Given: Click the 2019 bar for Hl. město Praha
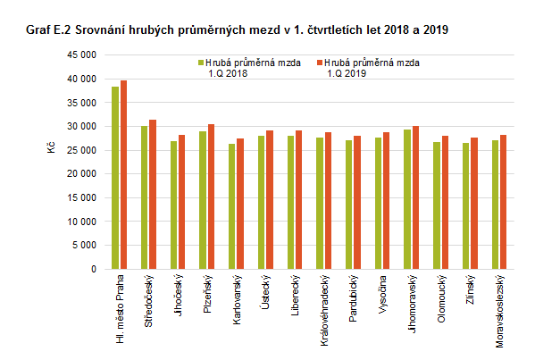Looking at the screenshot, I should point(124,174).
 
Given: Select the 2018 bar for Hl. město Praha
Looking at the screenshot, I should point(115,178).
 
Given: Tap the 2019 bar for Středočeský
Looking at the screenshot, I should point(153,194).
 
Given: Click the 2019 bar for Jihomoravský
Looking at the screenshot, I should point(416,197).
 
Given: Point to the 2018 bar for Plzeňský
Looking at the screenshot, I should point(203,200).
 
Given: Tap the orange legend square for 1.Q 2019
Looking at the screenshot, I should point(321,63).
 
